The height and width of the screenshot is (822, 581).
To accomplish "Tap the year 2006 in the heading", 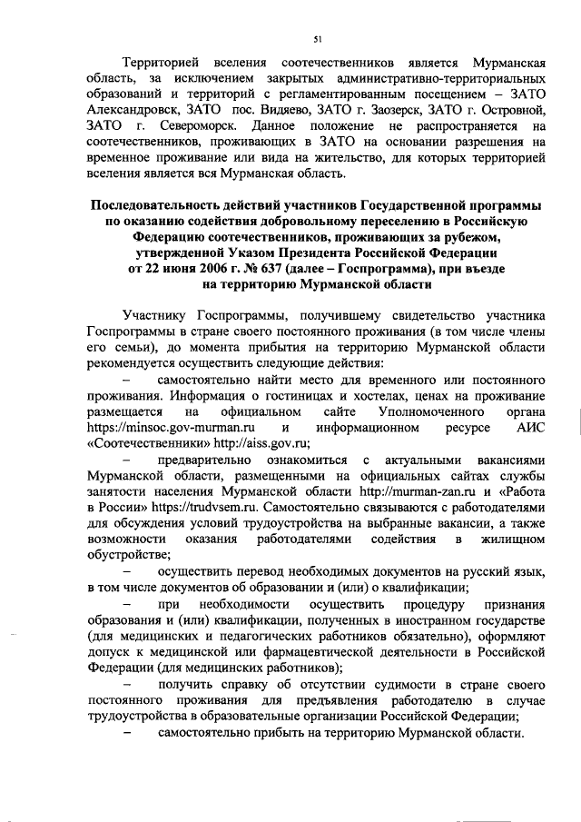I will (203, 271).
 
